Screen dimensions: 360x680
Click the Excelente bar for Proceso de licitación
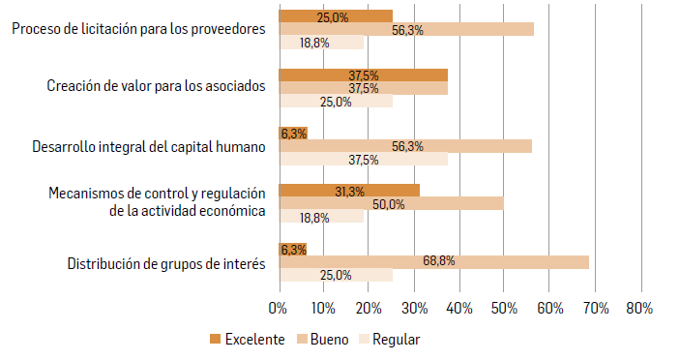click(x=335, y=16)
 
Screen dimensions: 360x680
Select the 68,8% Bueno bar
click(x=433, y=261)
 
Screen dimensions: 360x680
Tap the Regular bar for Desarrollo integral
click(x=363, y=159)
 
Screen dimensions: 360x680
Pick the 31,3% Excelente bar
click(x=348, y=192)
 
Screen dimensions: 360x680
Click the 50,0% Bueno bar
click(x=391, y=204)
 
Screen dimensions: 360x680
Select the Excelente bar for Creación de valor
click(x=363, y=75)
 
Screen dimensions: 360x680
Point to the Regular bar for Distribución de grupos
click(x=336, y=275)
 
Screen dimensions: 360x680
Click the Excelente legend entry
click(x=246, y=339)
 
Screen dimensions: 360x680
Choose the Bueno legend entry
click(x=322, y=339)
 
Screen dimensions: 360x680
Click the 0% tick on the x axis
click(x=278, y=308)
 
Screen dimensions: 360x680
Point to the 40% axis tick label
click(x=458, y=308)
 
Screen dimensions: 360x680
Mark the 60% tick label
click(x=548, y=308)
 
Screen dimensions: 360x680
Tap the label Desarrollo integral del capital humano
click(x=148, y=147)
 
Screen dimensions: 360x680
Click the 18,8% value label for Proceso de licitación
click(x=314, y=43)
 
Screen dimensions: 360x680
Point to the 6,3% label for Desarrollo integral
click(x=292, y=134)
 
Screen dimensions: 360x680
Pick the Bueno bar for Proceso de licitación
click(x=406, y=29)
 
